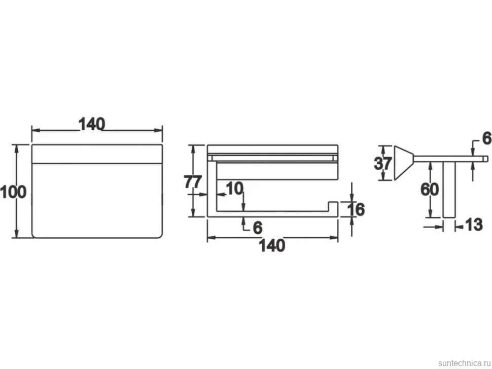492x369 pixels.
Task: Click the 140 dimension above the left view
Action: [x=92, y=124]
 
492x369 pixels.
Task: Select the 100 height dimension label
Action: [x=13, y=192]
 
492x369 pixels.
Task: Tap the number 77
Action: [x=192, y=182]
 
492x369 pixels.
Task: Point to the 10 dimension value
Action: [x=234, y=189]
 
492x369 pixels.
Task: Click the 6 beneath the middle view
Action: [x=257, y=228]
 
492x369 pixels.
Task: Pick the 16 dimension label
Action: [x=356, y=209]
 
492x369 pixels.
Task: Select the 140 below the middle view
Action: [x=272, y=245]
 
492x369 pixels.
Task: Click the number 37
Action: [x=383, y=163]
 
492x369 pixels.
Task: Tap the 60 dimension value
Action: [x=430, y=190]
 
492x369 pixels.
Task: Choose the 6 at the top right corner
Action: [x=486, y=138]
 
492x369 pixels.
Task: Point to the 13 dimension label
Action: [x=473, y=225]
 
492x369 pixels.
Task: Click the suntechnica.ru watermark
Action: [x=465, y=363]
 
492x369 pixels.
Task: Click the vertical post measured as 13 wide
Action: [x=449, y=190]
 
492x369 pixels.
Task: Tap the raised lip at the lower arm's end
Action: [x=333, y=207]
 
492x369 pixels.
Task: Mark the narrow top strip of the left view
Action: [x=97, y=154]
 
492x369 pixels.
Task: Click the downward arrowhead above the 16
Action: [x=352, y=197]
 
